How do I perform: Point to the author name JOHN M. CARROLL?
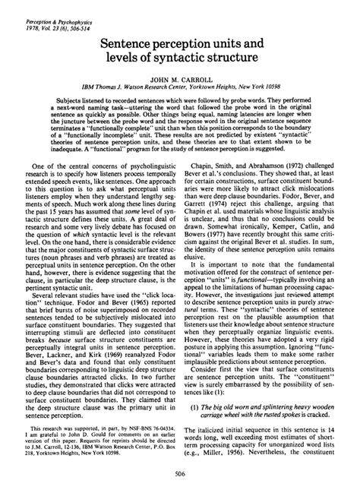pos(180,88)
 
